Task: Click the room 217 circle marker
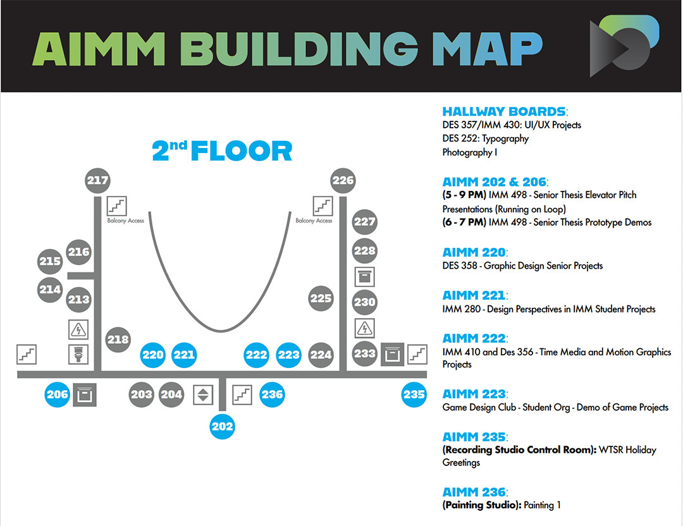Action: click(x=98, y=181)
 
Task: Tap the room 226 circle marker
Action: click(x=343, y=181)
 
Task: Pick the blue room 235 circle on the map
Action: click(x=414, y=394)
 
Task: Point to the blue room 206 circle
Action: click(x=58, y=394)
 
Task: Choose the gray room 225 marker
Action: click(x=321, y=298)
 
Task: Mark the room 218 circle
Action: click(x=118, y=339)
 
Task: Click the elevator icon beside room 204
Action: click(x=203, y=394)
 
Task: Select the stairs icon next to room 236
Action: click(x=242, y=394)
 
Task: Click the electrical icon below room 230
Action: click(x=365, y=328)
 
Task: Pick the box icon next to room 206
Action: click(x=85, y=394)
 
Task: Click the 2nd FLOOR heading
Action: click(x=222, y=151)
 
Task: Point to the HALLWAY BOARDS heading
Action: click(x=504, y=112)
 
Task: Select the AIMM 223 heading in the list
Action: click(x=474, y=394)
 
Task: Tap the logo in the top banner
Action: click(x=624, y=46)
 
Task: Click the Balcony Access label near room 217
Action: click(x=126, y=221)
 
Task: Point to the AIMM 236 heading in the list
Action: click(x=474, y=492)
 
